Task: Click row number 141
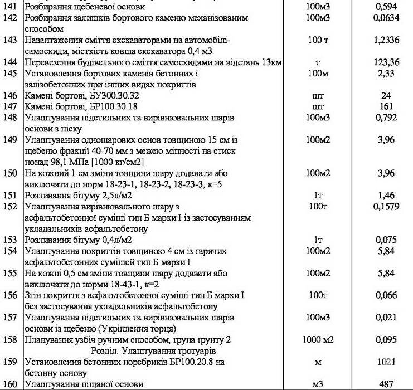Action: coord(12,7)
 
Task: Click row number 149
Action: coord(12,140)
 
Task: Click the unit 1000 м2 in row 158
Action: coord(319,340)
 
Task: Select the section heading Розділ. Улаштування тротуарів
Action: coord(156,351)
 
